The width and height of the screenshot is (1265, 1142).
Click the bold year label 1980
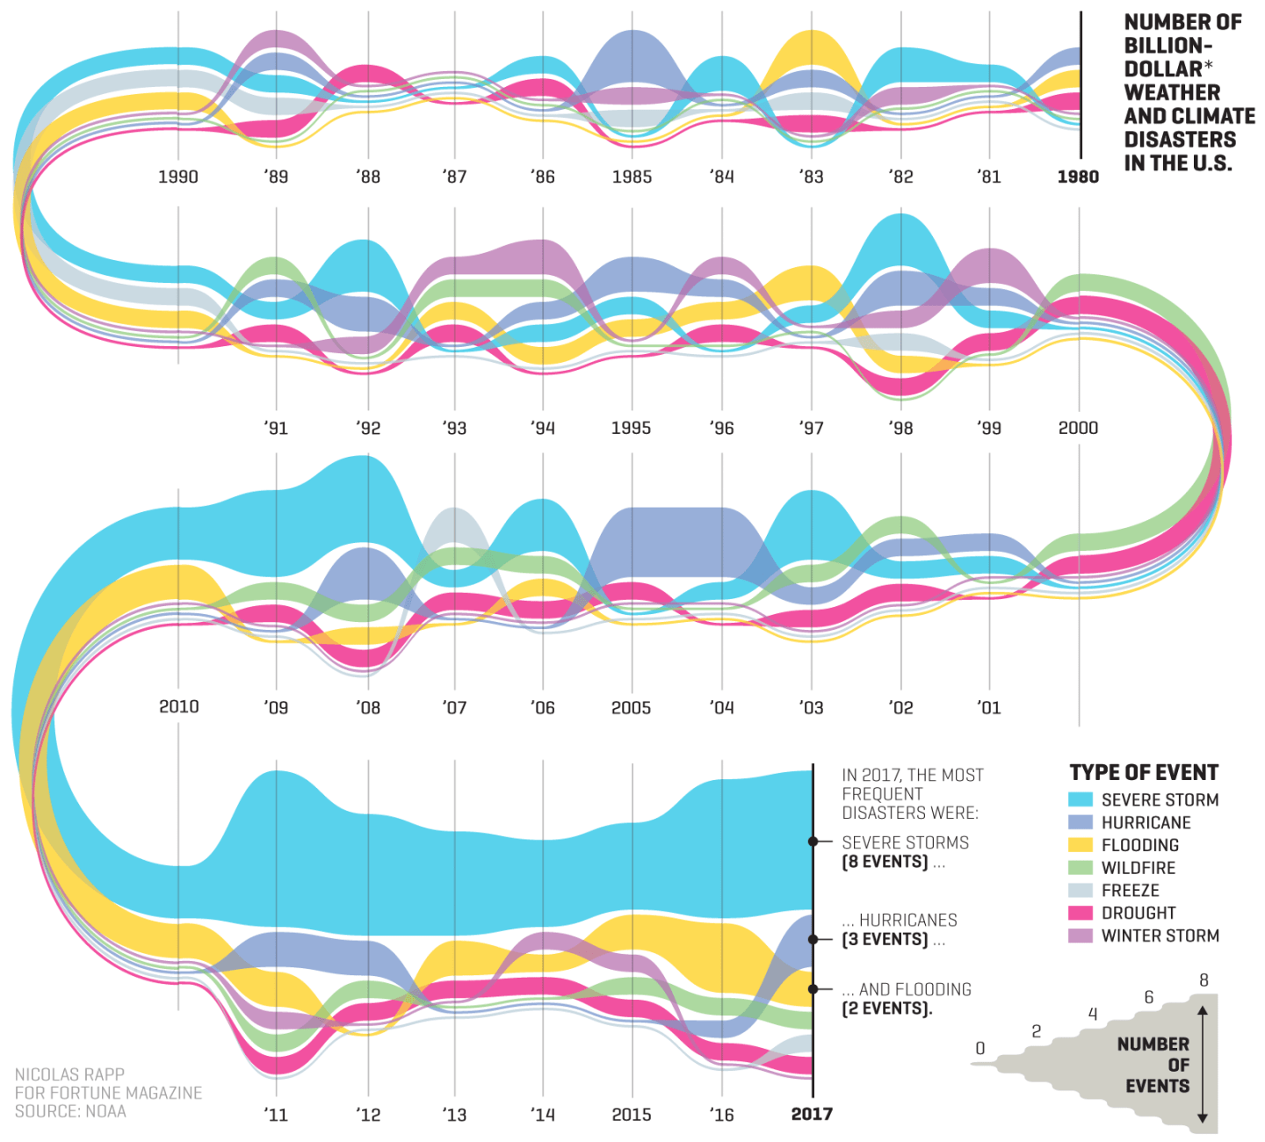(x=1078, y=177)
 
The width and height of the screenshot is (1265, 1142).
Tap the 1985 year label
(x=632, y=177)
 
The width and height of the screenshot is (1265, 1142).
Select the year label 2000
(x=1078, y=428)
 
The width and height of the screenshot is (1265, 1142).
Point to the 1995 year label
(x=631, y=428)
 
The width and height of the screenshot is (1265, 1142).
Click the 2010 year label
(x=178, y=706)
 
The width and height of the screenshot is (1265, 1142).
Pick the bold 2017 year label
(x=812, y=1114)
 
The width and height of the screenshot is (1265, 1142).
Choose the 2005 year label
(x=631, y=707)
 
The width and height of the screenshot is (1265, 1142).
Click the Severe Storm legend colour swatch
(x=1081, y=799)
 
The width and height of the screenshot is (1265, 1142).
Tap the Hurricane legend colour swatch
(x=1081, y=822)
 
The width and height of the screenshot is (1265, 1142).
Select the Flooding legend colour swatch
(x=1081, y=845)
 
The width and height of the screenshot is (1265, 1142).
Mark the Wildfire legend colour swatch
(x=1081, y=868)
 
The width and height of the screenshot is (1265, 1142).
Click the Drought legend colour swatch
(x=1081, y=914)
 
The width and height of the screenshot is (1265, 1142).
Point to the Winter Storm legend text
(x=1160, y=936)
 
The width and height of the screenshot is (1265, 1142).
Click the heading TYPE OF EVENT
(x=1144, y=773)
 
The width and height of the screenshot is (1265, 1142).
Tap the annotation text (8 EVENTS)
(x=885, y=862)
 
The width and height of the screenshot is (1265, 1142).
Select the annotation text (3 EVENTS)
(x=885, y=939)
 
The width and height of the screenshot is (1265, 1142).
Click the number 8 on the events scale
(x=1204, y=980)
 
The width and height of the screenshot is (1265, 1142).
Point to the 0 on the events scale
(x=980, y=1049)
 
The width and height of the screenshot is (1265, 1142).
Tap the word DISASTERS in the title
(x=1180, y=140)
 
